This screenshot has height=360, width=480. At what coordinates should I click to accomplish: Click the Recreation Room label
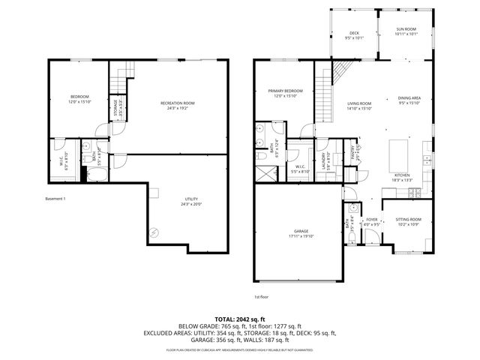178,103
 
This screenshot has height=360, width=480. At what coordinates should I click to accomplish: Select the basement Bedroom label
79,97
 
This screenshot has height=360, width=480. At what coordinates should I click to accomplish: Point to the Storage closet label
115,105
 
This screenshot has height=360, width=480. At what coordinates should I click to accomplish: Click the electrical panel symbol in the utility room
154,232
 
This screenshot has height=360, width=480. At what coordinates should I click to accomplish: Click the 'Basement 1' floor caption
55,199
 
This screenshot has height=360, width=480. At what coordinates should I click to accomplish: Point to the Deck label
354,34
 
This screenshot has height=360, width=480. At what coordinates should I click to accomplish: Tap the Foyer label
371,220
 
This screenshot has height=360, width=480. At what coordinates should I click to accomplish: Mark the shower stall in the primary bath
265,172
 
